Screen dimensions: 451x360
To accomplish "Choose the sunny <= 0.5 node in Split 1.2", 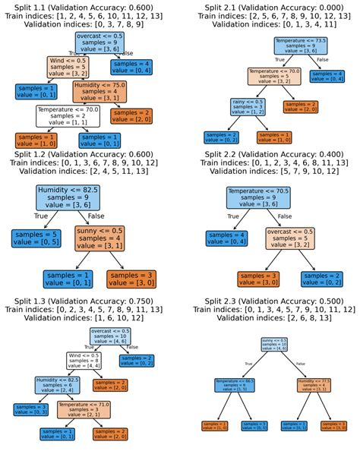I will pyautogui.click(x=106, y=238).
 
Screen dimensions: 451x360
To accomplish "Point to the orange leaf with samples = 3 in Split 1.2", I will pyautogui.click(x=127, y=278).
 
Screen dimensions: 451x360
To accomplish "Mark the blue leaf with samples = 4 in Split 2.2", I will pyautogui.click(x=226, y=238).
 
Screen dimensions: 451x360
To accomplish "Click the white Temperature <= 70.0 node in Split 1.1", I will pyautogui.click(x=68, y=115).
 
